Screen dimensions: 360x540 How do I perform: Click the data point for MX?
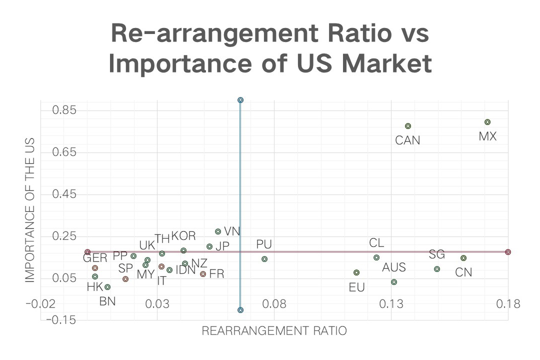tap(487, 122)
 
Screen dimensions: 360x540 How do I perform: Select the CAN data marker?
tap(408, 126)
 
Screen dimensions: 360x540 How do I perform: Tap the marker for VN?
tap(218, 231)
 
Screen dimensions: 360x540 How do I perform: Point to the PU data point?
tap(264, 259)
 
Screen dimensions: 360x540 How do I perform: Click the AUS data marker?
tap(394, 282)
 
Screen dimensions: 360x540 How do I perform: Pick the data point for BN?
tap(107, 287)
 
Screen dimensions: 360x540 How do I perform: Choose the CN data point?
tap(463, 258)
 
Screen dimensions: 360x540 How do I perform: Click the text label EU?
tap(357, 287)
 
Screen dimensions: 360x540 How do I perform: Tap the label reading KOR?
tap(183, 236)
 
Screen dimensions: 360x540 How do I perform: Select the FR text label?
tap(216, 274)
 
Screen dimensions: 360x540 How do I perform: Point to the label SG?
tap(437, 254)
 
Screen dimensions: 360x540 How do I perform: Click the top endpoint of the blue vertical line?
tap(240, 100)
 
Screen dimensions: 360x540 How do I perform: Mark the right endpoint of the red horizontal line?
tap(508, 252)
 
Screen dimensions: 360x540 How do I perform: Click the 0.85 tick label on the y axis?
tap(64, 109)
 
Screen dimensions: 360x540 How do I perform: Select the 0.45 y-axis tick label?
tap(64, 193)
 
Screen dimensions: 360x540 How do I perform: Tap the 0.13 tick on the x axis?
tap(391, 303)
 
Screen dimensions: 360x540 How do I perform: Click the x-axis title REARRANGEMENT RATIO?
tap(274, 331)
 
